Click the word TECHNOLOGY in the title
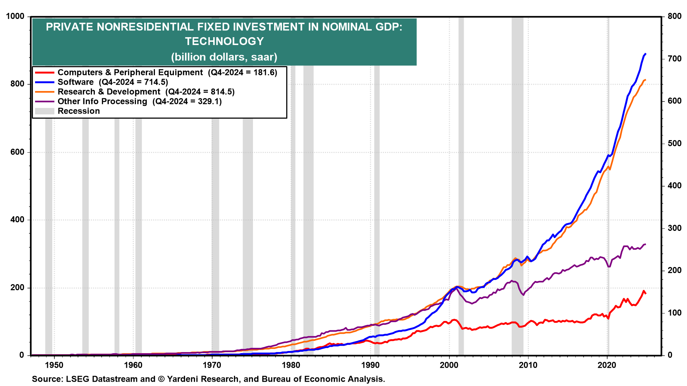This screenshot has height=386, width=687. [x=224, y=41]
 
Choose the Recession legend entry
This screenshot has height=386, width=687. [x=79, y=111]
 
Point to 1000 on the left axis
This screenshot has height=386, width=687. [x=15, y=16]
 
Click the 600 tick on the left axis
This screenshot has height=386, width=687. [x=18, y=152]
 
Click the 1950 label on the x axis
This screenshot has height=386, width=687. [x=54, y=365]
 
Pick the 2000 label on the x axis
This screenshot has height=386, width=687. [x=449, y=365]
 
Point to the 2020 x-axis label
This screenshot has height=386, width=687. [x=607, y=365]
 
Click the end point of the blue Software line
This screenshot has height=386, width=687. [x=645, y=54]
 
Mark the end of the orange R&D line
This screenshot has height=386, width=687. [x=645, y=80]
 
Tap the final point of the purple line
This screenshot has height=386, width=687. [x=645, y=244]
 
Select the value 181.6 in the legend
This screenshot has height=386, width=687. [x=265, y=73]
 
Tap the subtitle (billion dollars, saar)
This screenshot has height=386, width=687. [x=224, y=57]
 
